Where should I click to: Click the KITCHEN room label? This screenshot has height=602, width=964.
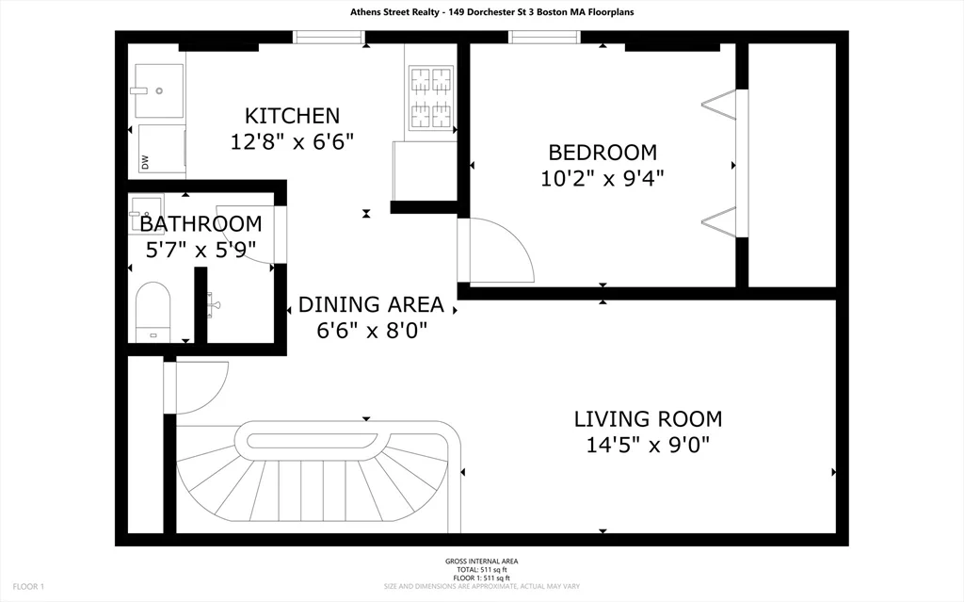[x=292, y=116]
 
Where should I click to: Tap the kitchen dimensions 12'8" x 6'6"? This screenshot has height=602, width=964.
[x=292, y=142]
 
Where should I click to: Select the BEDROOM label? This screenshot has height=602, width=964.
[x=602, y=152]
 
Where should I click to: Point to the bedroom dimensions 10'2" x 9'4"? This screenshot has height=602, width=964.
[x=602, y=178]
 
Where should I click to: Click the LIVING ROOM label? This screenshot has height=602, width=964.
[x=648, y=418]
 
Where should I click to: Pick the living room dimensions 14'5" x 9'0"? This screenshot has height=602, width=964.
[x=648, y=445]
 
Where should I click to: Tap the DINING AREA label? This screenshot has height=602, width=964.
[x=371, y=304]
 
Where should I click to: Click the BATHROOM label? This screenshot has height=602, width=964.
[x=201, y=223]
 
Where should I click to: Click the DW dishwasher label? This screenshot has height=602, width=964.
[x=146, y=162]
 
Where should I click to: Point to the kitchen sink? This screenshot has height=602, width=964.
[x=158, y=90]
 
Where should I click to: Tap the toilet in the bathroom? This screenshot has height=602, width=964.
[x=153, y=312]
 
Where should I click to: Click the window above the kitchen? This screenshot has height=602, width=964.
[x=329, y=37]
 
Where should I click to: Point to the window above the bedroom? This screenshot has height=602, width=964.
[x=545, y=37]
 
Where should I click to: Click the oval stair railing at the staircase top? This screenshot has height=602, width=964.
[x=317, y=441]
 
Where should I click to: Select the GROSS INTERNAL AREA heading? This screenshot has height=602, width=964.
[x=481, y=561]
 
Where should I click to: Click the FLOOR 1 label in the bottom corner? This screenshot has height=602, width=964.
[x=28, y=587]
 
